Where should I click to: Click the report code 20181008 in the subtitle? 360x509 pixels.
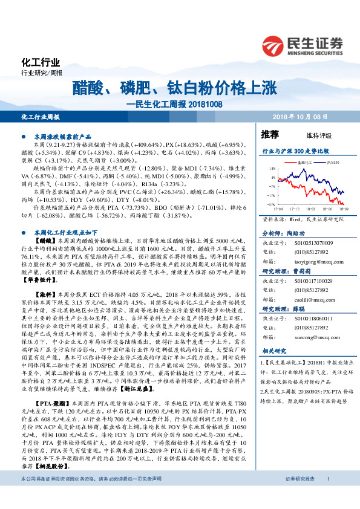click(x=204, y=104)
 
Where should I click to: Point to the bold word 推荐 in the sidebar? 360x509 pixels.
click(x=270, y=134)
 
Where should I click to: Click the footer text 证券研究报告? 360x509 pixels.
click(x=300, y=496)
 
